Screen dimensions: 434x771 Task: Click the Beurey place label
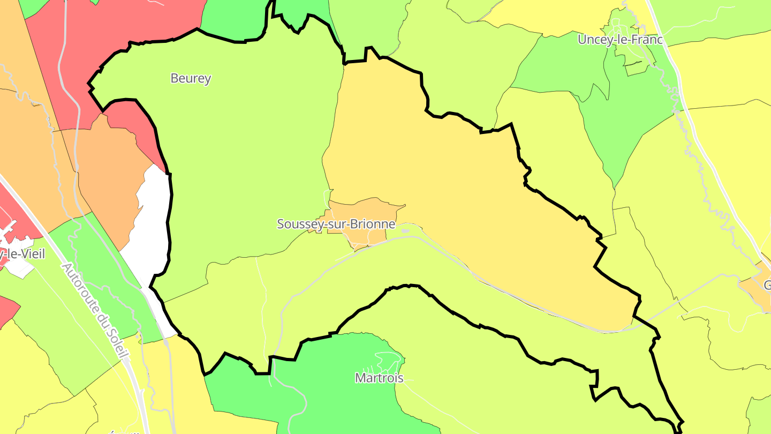click(191, 78)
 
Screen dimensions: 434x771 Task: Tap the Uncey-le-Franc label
click(620, 40)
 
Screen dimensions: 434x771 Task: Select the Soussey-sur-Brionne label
click(336, 224)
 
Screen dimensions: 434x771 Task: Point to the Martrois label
click(379, 378)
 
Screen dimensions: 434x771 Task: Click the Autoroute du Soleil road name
click(96, 311)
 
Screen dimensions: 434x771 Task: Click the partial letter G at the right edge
click(767, 285)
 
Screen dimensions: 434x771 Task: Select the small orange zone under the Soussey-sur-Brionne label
click(364, 236)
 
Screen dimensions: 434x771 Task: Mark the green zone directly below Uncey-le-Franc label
click(626, 118)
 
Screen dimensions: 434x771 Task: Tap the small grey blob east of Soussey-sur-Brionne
click(405, 231)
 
